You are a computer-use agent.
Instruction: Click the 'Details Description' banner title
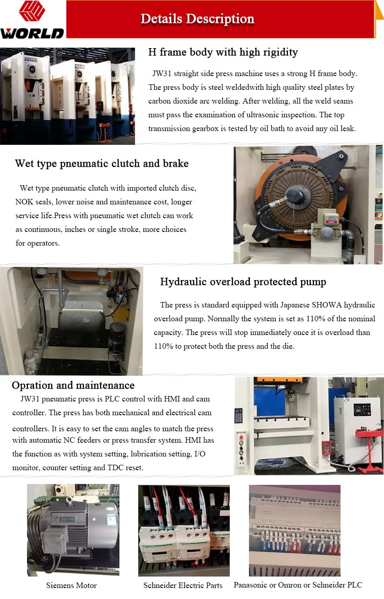pyautogui.click(x=197, y=19)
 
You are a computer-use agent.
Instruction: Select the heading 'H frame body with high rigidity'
pyautogui.click(x=223, y=52)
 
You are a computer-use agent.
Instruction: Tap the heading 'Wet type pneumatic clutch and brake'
pyautogui.click(x=102, y=164)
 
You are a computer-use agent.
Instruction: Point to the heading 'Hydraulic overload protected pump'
pyautogui.click(x=243, y=282)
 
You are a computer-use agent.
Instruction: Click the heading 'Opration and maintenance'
pyautogui.click(x=73, y=385)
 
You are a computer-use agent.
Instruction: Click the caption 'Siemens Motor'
pyautogui.click(x=71, y=585)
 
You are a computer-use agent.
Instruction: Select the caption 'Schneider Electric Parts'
pyautogui.click(x=183, y=585)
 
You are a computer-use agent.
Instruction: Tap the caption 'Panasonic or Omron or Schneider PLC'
pyautogui.click(x=297, y=585)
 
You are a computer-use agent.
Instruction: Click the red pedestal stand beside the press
pyautogui.click(x=370, y=449)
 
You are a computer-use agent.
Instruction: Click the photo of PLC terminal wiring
pyautogui.click(x=294, y=530)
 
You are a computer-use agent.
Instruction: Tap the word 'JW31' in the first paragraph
pyautogui.click(x=163, y=74)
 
